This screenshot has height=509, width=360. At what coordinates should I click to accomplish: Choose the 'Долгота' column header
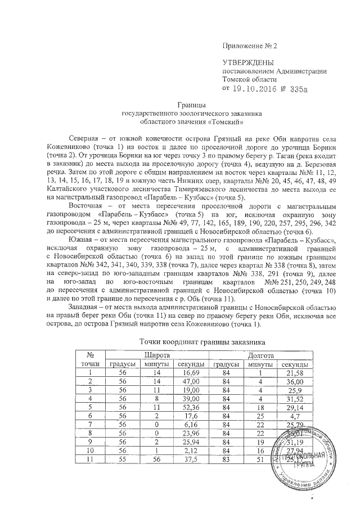(260, 355)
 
